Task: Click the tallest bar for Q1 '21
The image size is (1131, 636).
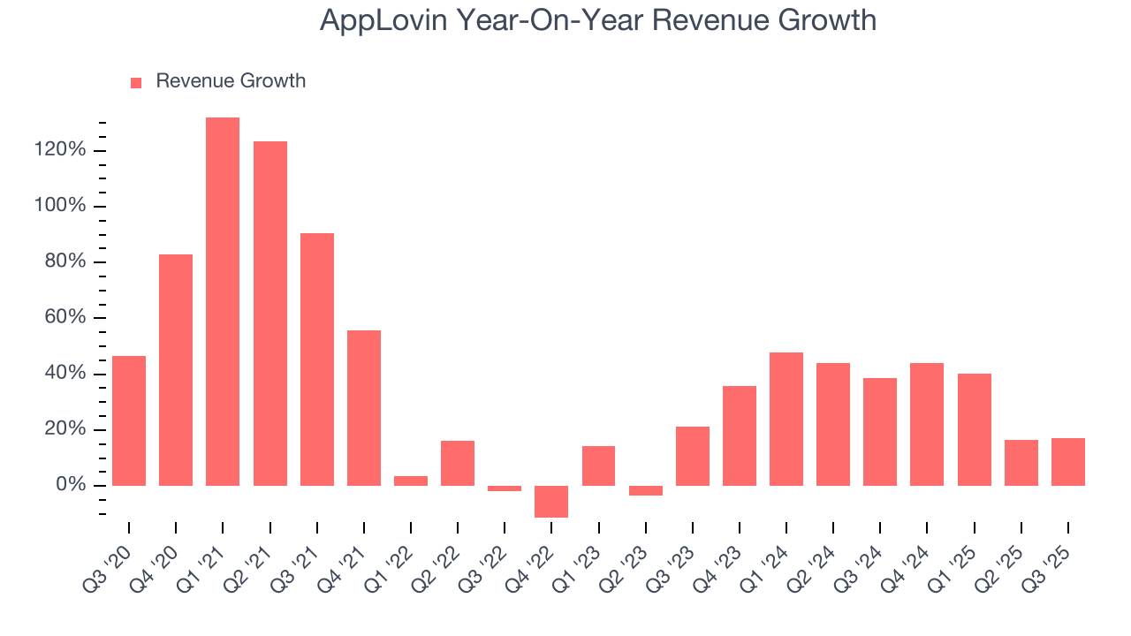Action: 223,300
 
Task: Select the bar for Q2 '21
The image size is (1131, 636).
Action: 269,314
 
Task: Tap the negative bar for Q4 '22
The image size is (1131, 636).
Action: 551,501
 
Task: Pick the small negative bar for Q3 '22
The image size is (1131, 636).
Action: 505,488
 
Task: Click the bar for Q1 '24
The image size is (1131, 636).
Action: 786,419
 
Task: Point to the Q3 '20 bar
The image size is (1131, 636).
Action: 129,420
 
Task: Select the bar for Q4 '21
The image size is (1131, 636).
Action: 364,407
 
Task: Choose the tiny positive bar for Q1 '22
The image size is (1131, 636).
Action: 411,481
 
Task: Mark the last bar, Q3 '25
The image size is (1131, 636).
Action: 1067,461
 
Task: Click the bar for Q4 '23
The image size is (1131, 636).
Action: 740,435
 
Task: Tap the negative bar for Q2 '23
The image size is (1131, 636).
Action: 646,490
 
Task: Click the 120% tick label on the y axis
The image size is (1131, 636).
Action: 61,150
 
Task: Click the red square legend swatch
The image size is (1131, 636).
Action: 136,83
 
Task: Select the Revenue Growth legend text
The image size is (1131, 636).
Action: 231,81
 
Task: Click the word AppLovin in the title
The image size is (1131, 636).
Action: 382,20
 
